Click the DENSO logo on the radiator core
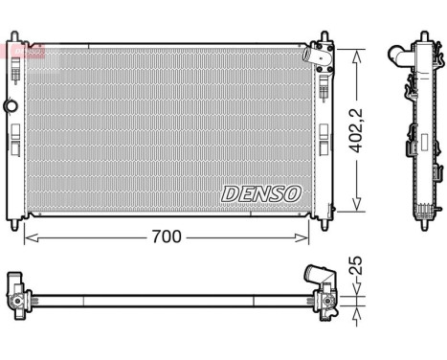click(x=261, y=192)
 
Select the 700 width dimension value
click(x=167, y=235)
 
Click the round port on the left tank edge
click(x=11, y=103)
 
